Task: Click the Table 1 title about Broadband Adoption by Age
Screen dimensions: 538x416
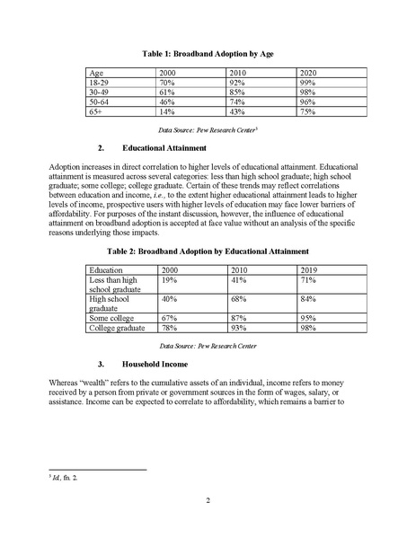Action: coord(208,54)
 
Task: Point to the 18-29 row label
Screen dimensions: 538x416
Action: coord(100,82)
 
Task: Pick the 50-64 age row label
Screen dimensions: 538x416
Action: coord(100,103)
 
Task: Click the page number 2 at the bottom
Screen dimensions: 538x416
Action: coord(208,499)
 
